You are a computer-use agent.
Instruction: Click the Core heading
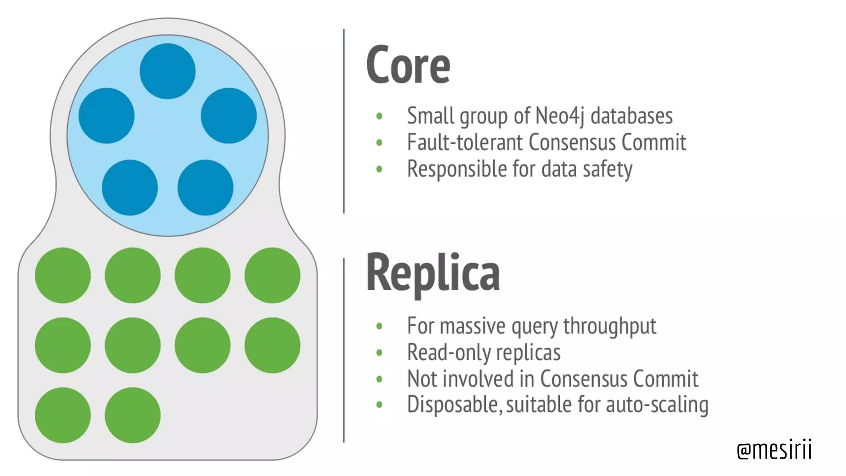pyautogui.click(x=408, y=65)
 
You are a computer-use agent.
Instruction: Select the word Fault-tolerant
pyautogui.click(x=465, y=143)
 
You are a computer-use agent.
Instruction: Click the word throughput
pyautogui.click(x=610, y=326)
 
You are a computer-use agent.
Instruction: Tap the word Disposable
pyautogui.click(x=454, y=404)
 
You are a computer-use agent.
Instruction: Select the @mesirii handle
pyautogui.click(x=775, y=450)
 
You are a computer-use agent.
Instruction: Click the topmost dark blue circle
pyautogui.click(x=168, y=71)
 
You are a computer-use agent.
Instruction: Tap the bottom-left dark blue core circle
pyautogui.click(x=130, y=188)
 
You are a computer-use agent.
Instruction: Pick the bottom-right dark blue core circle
pyautogui.click(x=205, y=188)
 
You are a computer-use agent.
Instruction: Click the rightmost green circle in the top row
pyautogui.click(x=272, y=275)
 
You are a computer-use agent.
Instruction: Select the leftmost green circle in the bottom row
pyautogui.click(x=63, y=415)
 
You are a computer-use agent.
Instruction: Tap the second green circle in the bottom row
pyautogui.click(x=133, y=415)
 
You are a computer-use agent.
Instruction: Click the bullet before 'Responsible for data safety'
pyautogui.click(x=379, y=169)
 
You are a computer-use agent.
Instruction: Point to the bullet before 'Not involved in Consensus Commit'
pyautogui.click(x=379, y=379)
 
